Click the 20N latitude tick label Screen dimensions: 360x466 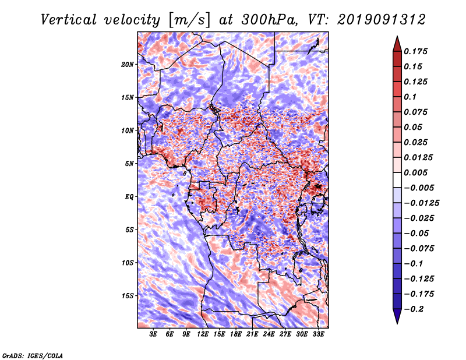(x=128, y=64)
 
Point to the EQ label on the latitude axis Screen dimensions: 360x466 (x=129, y=197)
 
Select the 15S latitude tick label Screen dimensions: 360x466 (x=128, y=296)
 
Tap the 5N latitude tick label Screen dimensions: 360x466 (x=129, y=164)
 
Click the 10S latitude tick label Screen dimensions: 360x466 (x=128, y=263)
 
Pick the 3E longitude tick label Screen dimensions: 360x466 (x=154, y=335)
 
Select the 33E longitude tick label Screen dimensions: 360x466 (x=318, y=335)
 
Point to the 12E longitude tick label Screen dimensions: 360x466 (x=203, y=335)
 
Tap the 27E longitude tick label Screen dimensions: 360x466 (x=285, y=335)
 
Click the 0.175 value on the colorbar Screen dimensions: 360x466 (x=417, y=51)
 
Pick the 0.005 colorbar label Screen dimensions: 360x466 (x=417, y=173)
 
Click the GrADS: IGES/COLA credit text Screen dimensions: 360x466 (x=32, y=355)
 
